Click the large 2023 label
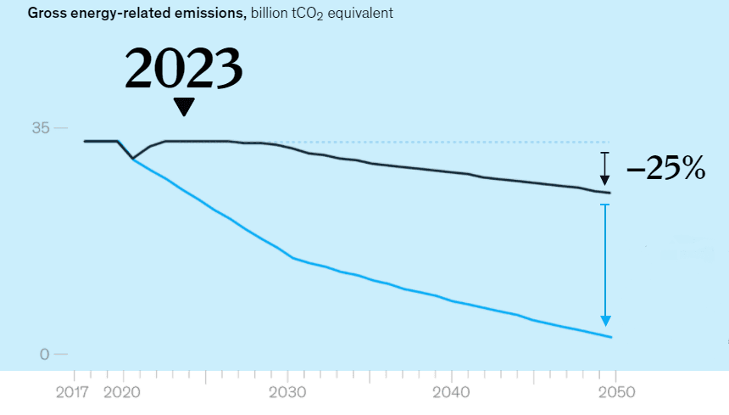click(x=184, y=69)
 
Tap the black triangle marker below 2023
click(x=183, y=107)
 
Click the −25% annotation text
click(x=666, y=170)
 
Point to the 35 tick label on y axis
click(x=41, y=128)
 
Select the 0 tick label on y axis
click(x=45, y=354)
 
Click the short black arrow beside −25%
click(x=604, y=169)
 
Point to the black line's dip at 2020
click(x=133, y=158)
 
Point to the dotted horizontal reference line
click(x=424, y=142)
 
